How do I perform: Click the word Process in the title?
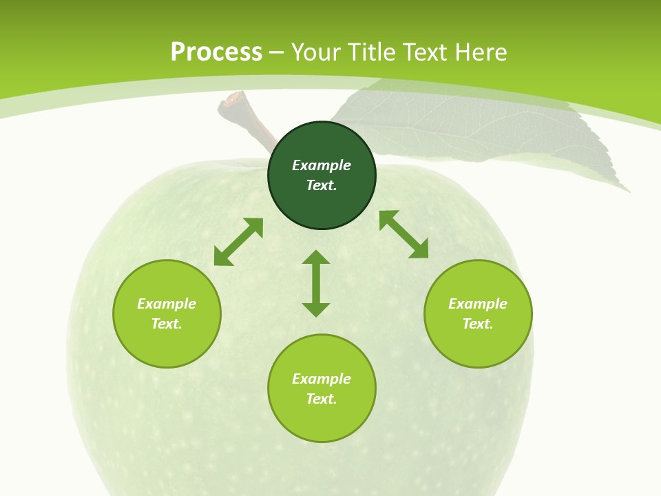point(216,52)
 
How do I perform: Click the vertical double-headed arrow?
point(316,284)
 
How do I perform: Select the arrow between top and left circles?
point(238,242)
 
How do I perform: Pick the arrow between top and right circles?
point(403,235)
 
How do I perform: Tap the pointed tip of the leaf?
point(628,191)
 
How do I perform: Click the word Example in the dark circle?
point(322,165)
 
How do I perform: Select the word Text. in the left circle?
point(167,324)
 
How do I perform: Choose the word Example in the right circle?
point(478,304)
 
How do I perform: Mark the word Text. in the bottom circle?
point(322,399)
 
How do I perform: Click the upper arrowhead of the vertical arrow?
point(316,258)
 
